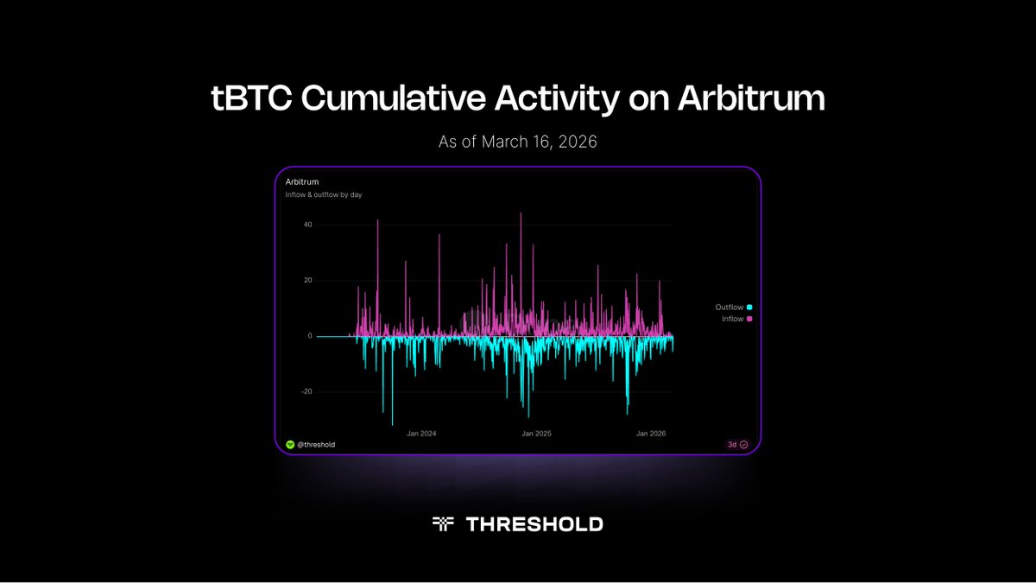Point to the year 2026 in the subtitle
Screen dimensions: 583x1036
click(x=578, y=142)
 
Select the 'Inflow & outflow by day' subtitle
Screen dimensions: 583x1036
click(x=324, y=194)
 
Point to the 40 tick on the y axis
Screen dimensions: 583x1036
click(x=307, y=225)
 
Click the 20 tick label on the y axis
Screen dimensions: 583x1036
click(x=307, y=281)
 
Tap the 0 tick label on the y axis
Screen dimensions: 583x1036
click(x=309, y=336)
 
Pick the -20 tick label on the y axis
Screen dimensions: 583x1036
click(x=306, y=391)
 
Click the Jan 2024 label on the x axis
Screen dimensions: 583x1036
click(x=421, y=434)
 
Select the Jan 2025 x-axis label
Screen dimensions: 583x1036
click(x=536, y=434)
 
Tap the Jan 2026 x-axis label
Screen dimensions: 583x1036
click(x=651, y=434)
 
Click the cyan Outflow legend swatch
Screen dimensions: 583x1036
click(x=749, y=307)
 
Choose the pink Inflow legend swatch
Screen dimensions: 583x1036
click(x=749, y=320)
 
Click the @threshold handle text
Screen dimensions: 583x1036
click(x=316, y=445)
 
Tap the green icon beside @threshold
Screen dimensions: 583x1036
click(x=290, y=445)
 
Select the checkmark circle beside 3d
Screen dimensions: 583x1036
click(x=743, y=445)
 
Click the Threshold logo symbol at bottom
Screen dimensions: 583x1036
click(x=443, y=523)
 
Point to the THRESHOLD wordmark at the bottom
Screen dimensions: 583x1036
click(x=534, y=524)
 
